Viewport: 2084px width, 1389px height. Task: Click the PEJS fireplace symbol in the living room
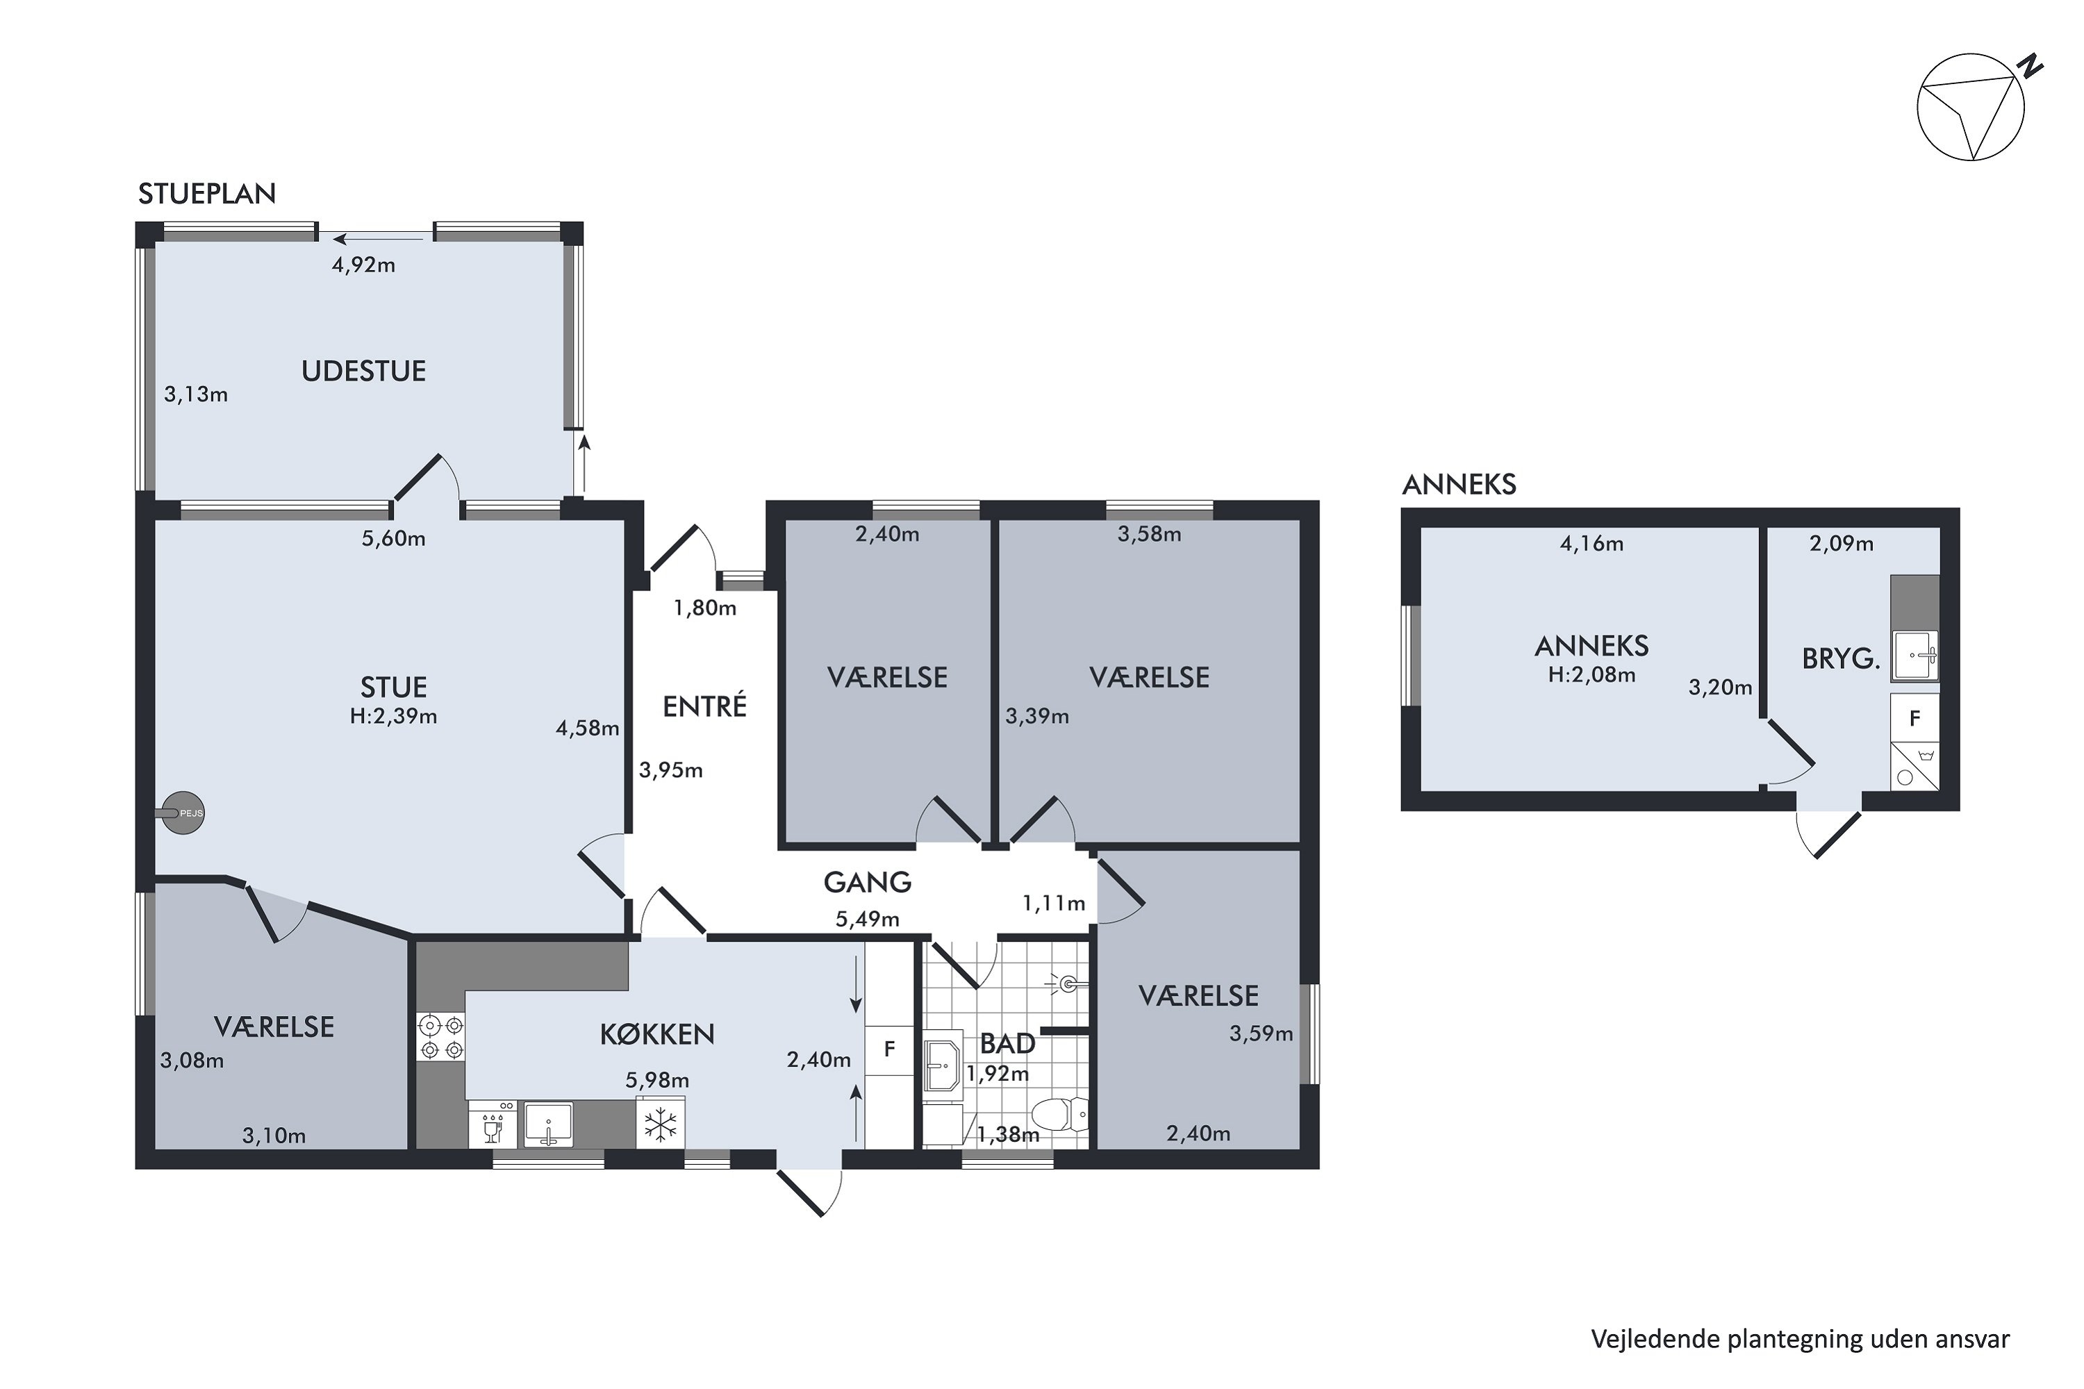[x=184, y=813]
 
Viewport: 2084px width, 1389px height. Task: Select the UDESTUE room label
[x=363, y=370]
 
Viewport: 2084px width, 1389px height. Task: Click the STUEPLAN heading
[x=207, y=193]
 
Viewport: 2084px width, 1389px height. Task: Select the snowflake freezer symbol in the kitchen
[x=660, y=1125]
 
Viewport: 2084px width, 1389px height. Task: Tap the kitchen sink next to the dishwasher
[x=547, y=1125]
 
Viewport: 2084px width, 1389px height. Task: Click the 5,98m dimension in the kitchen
[x=656, y=1080]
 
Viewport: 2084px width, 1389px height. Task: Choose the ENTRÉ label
[x=704, y=706]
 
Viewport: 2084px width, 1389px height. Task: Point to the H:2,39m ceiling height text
[x=393, y=716]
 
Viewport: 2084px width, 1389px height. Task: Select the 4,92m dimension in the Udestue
[x=363, y=264]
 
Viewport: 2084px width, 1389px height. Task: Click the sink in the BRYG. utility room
[x=1915, y=656]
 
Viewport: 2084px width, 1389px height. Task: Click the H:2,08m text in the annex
[x=1591, y=675]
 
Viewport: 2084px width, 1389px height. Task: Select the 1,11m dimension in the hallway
[x=1054, y=903]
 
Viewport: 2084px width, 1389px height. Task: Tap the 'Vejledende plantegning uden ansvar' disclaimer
[x=1801, y=1338]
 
